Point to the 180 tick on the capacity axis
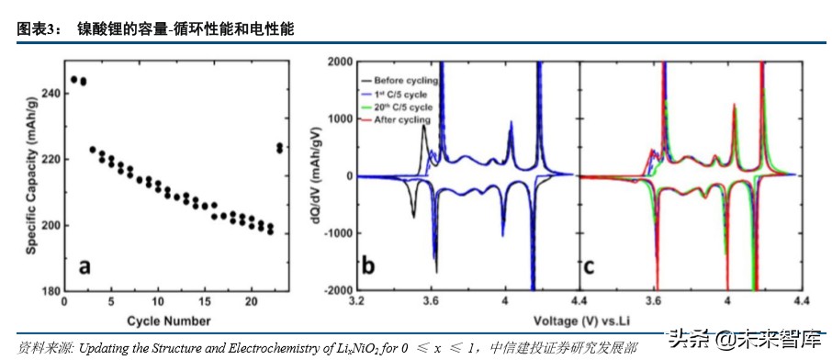click(45, 291)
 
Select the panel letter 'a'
click(84, 267)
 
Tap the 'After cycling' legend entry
click(405, 120)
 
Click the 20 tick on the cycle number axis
click(253, 302)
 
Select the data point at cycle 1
click(73, 79)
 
